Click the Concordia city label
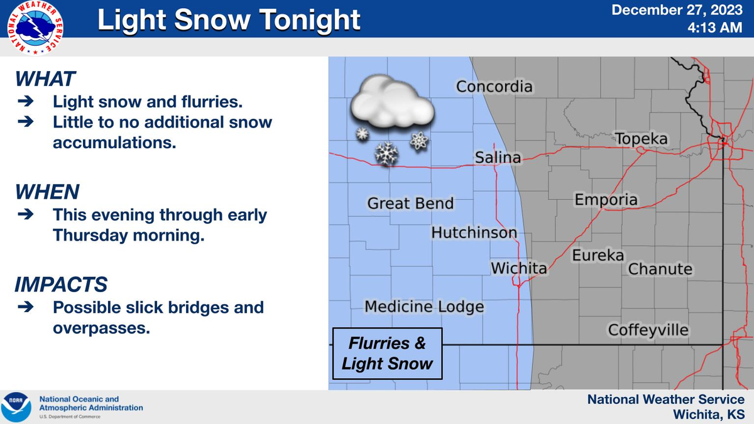[494, 87]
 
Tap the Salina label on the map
[498, 158]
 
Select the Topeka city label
[641, 139]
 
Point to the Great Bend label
[410, 204]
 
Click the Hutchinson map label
[474, 233]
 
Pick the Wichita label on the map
[518, 269]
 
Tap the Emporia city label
[606, 200]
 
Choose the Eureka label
[598, 255]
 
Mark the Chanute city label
[660, 269]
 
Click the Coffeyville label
[648, 330]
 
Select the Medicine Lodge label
[424, 307]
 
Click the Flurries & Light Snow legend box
[387, 354]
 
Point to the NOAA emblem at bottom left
[15, 406]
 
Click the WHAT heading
[45, 79]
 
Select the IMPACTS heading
[61, 285]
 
